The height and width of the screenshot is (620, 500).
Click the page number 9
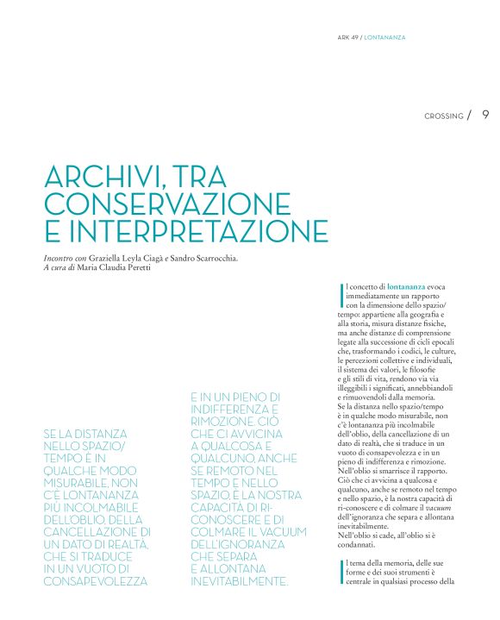point(485,115)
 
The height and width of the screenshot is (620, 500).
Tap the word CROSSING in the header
point(444,116)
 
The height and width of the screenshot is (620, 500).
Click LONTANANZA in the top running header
point(384,37)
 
